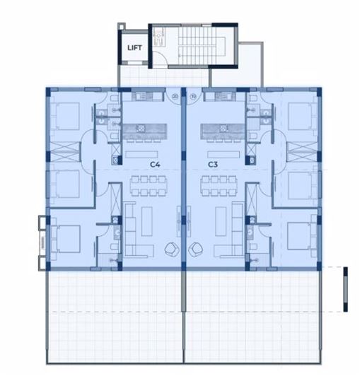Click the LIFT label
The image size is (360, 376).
[134, 48]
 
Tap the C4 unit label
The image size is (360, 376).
[156, 164]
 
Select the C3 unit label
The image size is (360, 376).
[211, 164]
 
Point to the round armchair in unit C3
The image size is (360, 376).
[196, 249]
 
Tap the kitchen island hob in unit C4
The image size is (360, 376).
[140, 129]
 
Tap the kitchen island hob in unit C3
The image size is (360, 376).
[228, 129]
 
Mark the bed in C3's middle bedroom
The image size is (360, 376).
[303, 185]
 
